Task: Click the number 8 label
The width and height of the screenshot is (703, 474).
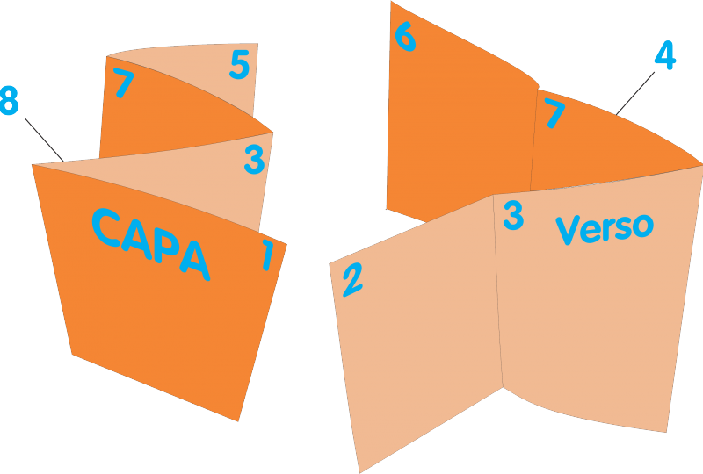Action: (9, 100)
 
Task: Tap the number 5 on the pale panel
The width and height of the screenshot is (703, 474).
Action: (239, 64)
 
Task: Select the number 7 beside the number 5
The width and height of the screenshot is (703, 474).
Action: (123, 83)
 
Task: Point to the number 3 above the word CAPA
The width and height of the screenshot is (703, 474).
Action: (254, 159)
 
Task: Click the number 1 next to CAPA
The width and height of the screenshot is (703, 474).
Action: (268, 255)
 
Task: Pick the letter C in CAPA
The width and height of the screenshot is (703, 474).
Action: (105, 227)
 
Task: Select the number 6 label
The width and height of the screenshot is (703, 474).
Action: (405, 36)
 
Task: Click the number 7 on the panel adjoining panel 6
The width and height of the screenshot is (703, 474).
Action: (554, 113)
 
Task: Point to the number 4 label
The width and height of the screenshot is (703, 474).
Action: (665, 55)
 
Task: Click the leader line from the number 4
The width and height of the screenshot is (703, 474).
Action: (634, 94)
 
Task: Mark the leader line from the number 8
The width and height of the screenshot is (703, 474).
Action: (45, 140)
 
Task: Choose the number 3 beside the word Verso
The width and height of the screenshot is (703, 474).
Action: (513, 216)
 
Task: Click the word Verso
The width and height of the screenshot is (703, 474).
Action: (605, 228)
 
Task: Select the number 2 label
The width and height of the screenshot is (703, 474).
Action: (353, 280)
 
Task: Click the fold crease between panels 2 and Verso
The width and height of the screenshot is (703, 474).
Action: (498, 291)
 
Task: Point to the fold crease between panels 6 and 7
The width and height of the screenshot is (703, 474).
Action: (534, 140)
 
